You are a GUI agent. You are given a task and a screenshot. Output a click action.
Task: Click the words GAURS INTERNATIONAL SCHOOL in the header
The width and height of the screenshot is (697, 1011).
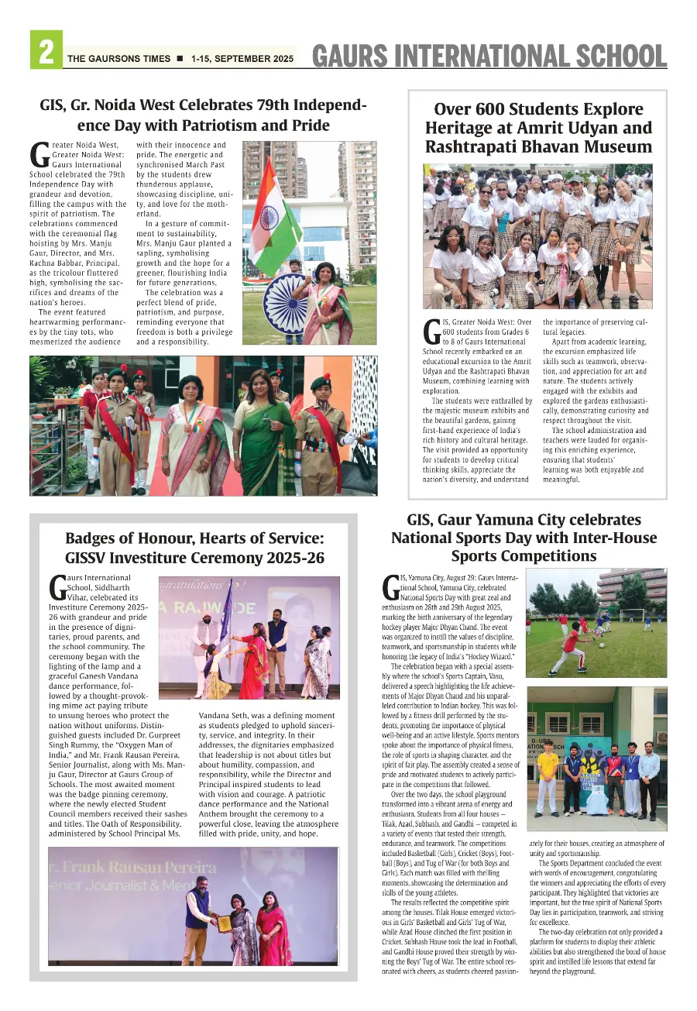[489, 56]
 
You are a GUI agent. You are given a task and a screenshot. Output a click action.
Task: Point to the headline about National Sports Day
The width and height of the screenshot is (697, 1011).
[523, 538]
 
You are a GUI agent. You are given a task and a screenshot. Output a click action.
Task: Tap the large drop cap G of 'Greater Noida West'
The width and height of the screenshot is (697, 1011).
[39, 154]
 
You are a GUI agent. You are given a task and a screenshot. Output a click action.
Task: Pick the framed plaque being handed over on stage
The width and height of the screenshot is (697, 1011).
[224, 923]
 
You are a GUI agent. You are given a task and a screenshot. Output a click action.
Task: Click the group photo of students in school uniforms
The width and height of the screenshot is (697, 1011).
[537, 236]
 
